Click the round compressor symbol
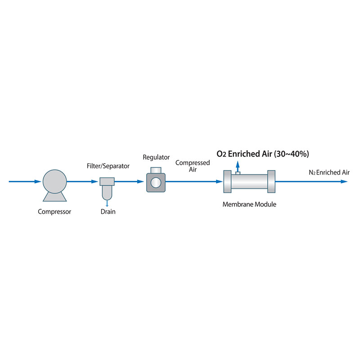click(54, 182)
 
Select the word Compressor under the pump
click(54, 211)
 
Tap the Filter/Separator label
click(108, 166)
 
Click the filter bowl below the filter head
click(107, 193)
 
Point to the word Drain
click(108, 211)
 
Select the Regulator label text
click(156, 157)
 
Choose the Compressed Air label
click(193, 166)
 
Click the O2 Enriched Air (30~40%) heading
click(262, 154)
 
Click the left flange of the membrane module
click(227, 182)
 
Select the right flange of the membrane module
click(271, 182)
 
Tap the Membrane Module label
click(249, 204)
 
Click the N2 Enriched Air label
click(329, 172)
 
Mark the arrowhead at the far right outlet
click(344, 182)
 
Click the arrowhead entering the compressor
click(38, 182)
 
